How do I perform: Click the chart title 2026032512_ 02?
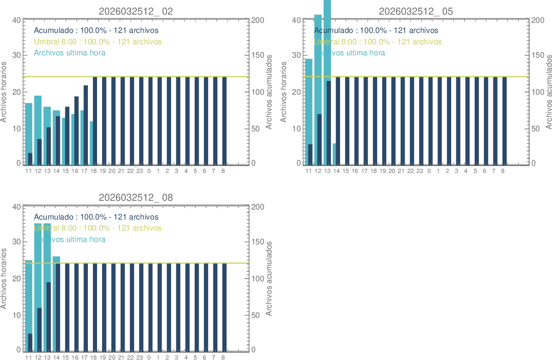point(136,11)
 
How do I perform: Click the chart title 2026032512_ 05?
point(416,11)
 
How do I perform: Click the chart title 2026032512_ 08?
point(136,198)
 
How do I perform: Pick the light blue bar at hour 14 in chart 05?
point(334,154)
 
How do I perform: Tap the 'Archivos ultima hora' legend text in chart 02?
point(70,53)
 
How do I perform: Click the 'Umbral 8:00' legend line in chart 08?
point(98,228)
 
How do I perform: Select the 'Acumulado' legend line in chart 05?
point(376,31)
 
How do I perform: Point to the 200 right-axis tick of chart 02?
point(257,21)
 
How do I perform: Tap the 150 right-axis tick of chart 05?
point(537,56)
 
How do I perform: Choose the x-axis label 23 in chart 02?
point(140,171)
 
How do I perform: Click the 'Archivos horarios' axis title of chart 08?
point(4,278)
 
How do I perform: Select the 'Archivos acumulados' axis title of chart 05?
point(549,92)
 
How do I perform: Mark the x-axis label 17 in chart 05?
point(364,171)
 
